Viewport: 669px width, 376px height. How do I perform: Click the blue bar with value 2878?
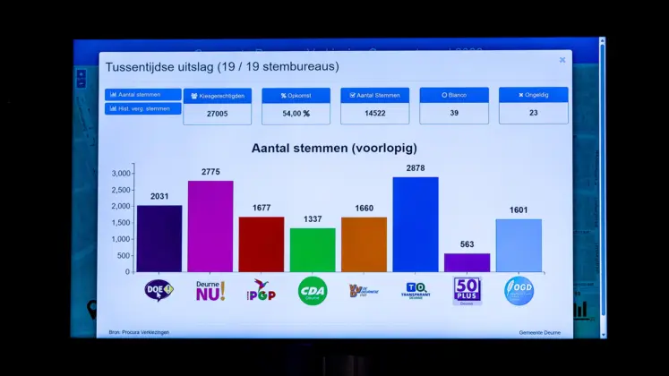(x=415, y=224)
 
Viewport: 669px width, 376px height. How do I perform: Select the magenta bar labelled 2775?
(x=210, y=226)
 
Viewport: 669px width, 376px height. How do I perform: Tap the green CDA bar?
(x=313, y=250)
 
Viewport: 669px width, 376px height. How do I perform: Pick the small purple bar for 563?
(x=467, y=262)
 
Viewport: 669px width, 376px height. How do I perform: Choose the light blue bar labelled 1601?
(x=519, y=245)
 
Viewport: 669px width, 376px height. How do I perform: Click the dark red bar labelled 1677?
(x=262, y=244)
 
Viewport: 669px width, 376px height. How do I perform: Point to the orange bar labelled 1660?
(x=364, y=244)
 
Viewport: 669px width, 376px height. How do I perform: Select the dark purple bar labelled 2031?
(x=159, y=238)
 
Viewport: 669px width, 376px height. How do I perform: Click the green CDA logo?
(x=313, y=290)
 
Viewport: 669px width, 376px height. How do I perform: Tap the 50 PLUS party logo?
(x=467, y=290)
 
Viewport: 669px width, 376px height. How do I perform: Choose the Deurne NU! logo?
(x=210, y=290)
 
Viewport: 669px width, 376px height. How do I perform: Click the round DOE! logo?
(x=159, y=290)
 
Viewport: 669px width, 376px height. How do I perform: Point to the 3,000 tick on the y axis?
(x=121, y=173)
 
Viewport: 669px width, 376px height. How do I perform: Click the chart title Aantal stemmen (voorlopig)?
(x=333, y=148)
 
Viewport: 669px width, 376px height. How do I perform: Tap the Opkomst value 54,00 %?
(x=295, y=114)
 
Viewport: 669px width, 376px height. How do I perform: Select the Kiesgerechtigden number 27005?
(x=217, y=114)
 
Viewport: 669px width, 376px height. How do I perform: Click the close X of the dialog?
(x=562, y=60)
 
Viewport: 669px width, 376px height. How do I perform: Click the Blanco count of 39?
(x=454, y=114)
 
